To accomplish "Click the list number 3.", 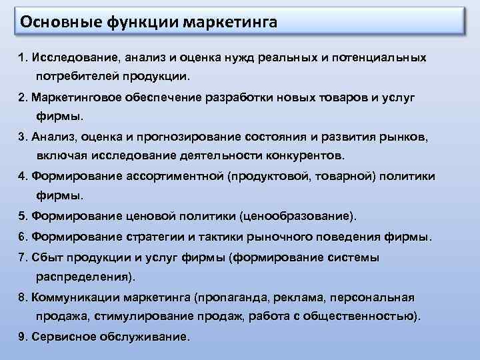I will (x=22, y=137).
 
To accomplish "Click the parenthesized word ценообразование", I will (x=304, y=217).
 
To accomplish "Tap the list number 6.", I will (x=22, y=237).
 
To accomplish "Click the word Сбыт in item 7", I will (x=46, y=257).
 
